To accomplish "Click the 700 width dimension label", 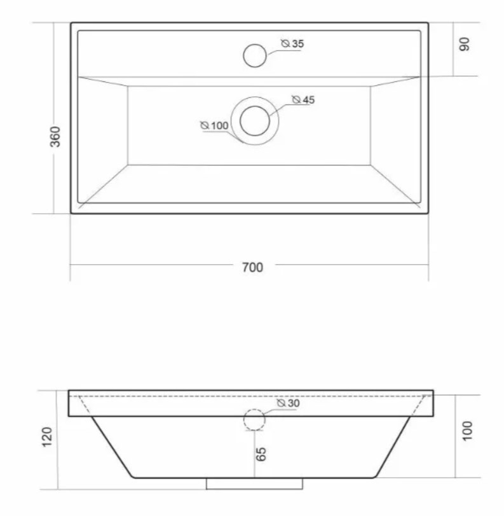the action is coord(252,267).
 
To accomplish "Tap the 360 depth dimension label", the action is coord(55,137).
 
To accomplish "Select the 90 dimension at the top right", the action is coord(464,44).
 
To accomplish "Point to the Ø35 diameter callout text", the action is coord(292,43).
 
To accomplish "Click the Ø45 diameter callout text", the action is coord(303,99).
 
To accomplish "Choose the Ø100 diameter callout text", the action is coord(214,125).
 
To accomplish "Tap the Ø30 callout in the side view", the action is coord(289,403).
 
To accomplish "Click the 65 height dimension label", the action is coord(261,454).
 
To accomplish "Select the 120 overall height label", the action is coord(47,437).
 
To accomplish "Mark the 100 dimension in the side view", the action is coord(467,431).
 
